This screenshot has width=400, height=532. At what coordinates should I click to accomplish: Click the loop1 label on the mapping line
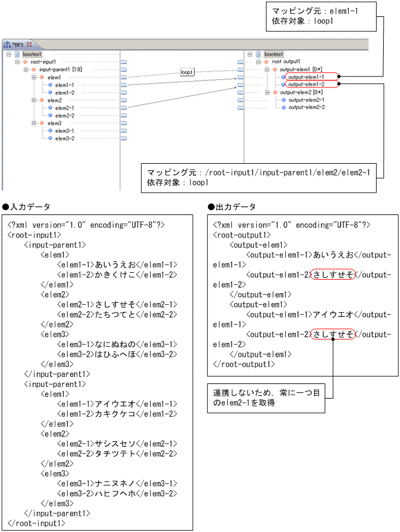coord(187,72)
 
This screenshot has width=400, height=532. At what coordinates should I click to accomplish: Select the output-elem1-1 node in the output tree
coord(306,76)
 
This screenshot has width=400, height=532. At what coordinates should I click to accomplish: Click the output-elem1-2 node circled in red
coord(306,84)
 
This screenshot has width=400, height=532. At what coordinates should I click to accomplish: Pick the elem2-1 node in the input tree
coord(64,108)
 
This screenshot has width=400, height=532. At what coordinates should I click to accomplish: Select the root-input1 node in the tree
coord(43,62)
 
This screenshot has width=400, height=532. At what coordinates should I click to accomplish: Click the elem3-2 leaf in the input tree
coord(64,138)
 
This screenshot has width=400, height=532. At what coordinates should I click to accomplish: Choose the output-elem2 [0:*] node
coord(301,92)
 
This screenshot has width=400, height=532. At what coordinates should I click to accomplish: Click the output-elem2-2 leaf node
coord(306,107)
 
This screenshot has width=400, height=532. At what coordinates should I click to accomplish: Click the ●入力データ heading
coord(26,207)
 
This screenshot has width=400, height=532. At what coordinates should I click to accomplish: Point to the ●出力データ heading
coord(232,207)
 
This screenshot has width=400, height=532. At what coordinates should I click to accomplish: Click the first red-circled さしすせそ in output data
coord(333,274)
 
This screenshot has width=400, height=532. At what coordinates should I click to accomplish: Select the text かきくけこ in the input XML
coord(115,274)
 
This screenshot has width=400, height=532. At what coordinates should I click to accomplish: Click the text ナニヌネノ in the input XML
coord(115,483)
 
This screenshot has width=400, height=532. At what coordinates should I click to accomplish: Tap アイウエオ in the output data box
coord(333,314)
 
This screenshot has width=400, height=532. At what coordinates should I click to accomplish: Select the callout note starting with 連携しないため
coord(266,399)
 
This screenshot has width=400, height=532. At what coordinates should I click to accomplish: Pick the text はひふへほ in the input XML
coord(115,354)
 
